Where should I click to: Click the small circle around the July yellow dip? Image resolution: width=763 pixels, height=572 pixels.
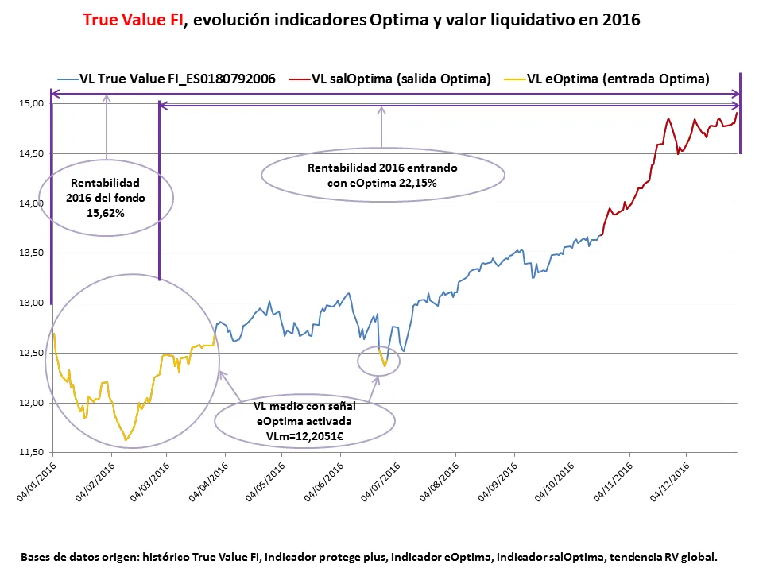[x=379, y=361]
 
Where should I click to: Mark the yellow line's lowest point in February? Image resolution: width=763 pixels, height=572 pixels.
[x=126, y=439]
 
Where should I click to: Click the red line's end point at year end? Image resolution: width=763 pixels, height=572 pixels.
[x=738, y=113]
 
